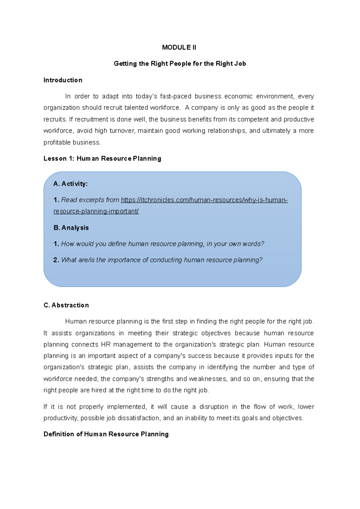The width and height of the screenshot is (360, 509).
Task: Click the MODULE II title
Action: pos(179,47)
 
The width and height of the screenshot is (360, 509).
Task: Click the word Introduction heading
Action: pos(63,80)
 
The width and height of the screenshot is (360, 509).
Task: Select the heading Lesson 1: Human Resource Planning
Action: pos(102,159)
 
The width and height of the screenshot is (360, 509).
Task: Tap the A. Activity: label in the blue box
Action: pos(70,184)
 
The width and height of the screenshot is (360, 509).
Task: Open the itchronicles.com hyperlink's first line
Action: pos(204,200)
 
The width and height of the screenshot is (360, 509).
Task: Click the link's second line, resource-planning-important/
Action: pos(96,211)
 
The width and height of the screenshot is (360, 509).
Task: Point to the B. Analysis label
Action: pos(71,228)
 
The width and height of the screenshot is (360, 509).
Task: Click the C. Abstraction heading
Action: pos(66,305)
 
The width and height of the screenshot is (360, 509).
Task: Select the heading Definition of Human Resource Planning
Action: pos(106,434)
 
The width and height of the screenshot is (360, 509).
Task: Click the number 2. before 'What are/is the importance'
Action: pos(56,260)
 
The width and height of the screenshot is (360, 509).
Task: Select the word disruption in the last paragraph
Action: pos(214,407)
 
